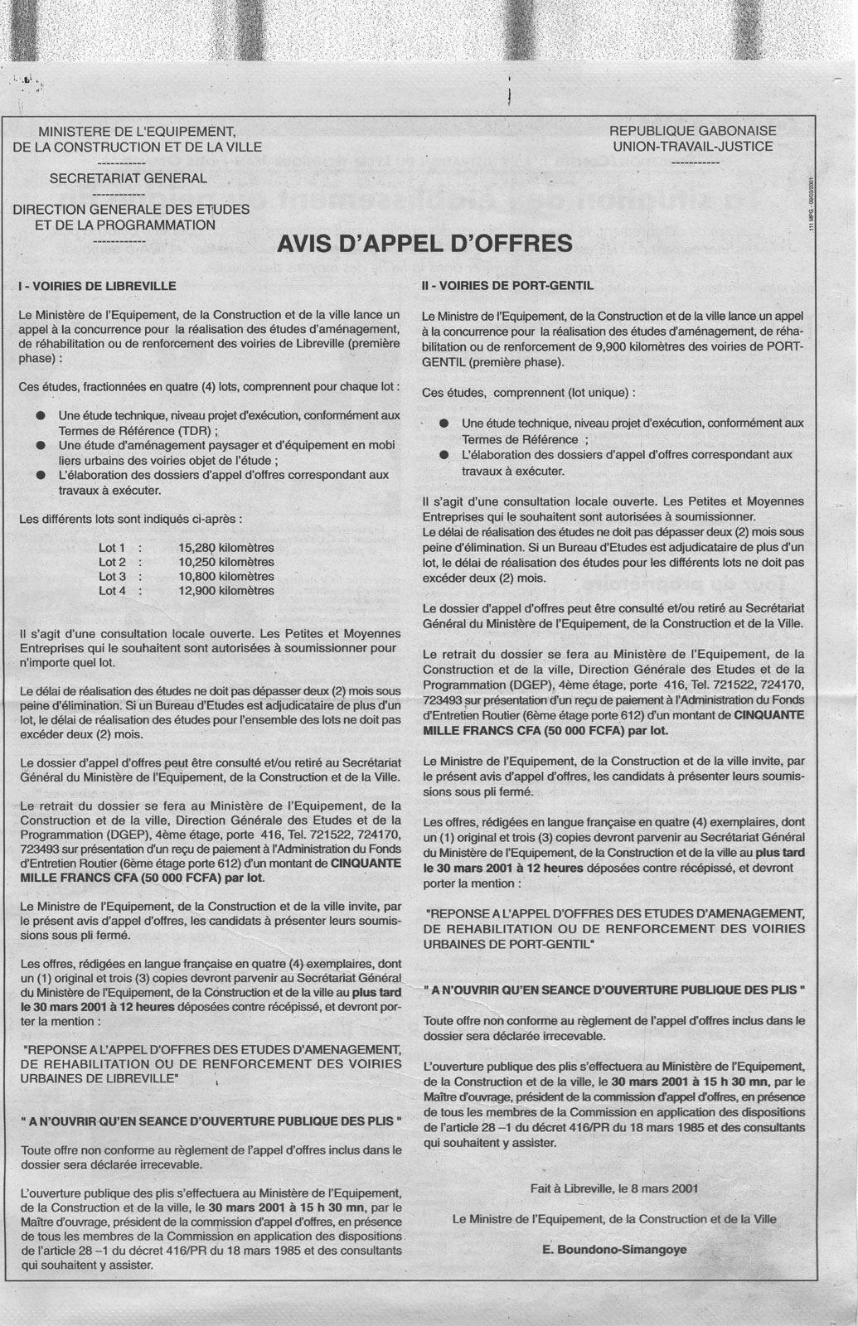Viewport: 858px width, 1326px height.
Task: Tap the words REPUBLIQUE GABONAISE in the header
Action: pos(693,131)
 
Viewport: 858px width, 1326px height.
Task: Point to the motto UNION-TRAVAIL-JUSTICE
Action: pos(693,147)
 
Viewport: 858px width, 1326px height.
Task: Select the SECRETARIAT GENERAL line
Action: pos(128,178)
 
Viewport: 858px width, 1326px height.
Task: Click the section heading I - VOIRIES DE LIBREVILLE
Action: pos(97,286)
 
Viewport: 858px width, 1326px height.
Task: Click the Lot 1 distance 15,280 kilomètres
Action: pos(225,548)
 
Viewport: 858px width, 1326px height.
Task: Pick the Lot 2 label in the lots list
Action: pos(112,562)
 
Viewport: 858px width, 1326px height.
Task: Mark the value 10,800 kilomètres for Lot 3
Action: pos(225,576)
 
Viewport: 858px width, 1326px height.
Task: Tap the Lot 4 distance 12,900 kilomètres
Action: pos(225,591)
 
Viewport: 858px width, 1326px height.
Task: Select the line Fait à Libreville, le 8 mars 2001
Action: pos(614,1188)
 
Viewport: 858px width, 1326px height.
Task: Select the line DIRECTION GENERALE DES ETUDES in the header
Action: pos(131,210)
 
